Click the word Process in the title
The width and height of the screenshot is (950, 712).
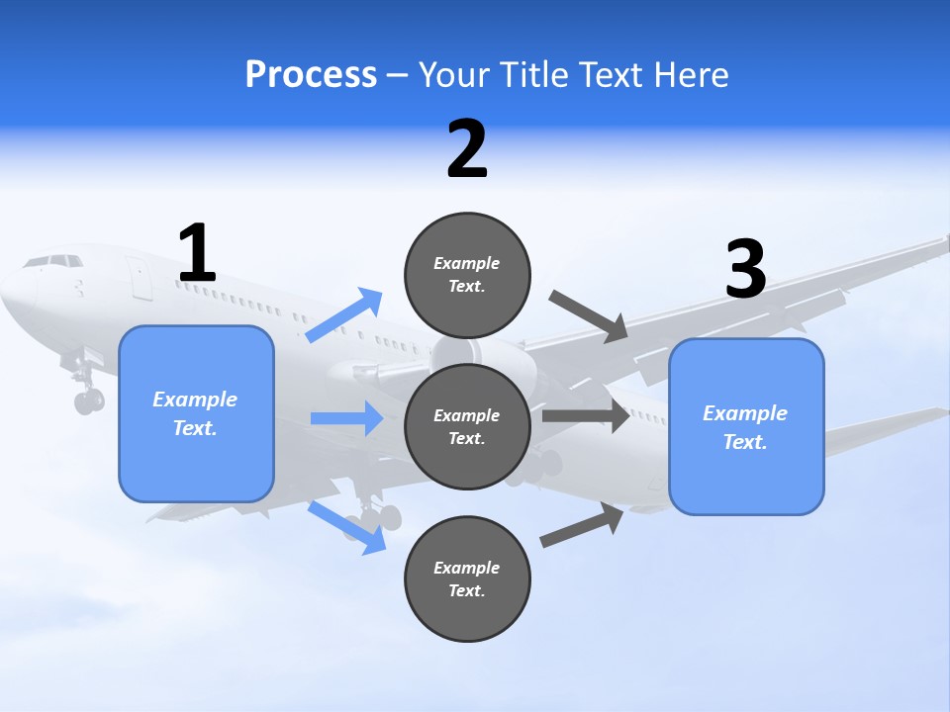pyautogui.click(x=311, y=75)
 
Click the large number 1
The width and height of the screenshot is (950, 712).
pyautogui.click(x=197, y=253)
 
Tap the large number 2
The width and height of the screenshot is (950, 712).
pyautogui.click(x=467, y=149)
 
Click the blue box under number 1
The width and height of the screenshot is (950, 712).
pyautogui.click(x=196, y=413)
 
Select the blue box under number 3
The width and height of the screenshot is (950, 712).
pyautogui.click(x=746, y=427)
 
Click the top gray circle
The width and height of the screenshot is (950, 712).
pyautogui.click(x=467, y=275)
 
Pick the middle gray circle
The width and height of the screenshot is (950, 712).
pyautogui.click(x=467, y=427)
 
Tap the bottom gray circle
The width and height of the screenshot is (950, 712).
pyautogui.click(x=467, y=579)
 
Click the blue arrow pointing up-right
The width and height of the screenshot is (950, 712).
pyautogui.click(x=344, y=315)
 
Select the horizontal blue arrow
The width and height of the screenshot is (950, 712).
pyautogui.click(x=346, y=418)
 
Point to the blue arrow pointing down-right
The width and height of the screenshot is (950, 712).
pyautogui.click(x=346, y=527)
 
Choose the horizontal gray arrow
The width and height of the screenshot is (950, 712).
pyautogui.click(x=586, y=416)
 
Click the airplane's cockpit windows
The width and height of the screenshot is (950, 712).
pyautogui.click(x=53, y=262)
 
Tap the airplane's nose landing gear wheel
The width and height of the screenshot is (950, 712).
pyautogui.click(x=88, y=400)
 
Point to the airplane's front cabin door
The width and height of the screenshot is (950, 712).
pyautogui.click(x=140, y=277)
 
